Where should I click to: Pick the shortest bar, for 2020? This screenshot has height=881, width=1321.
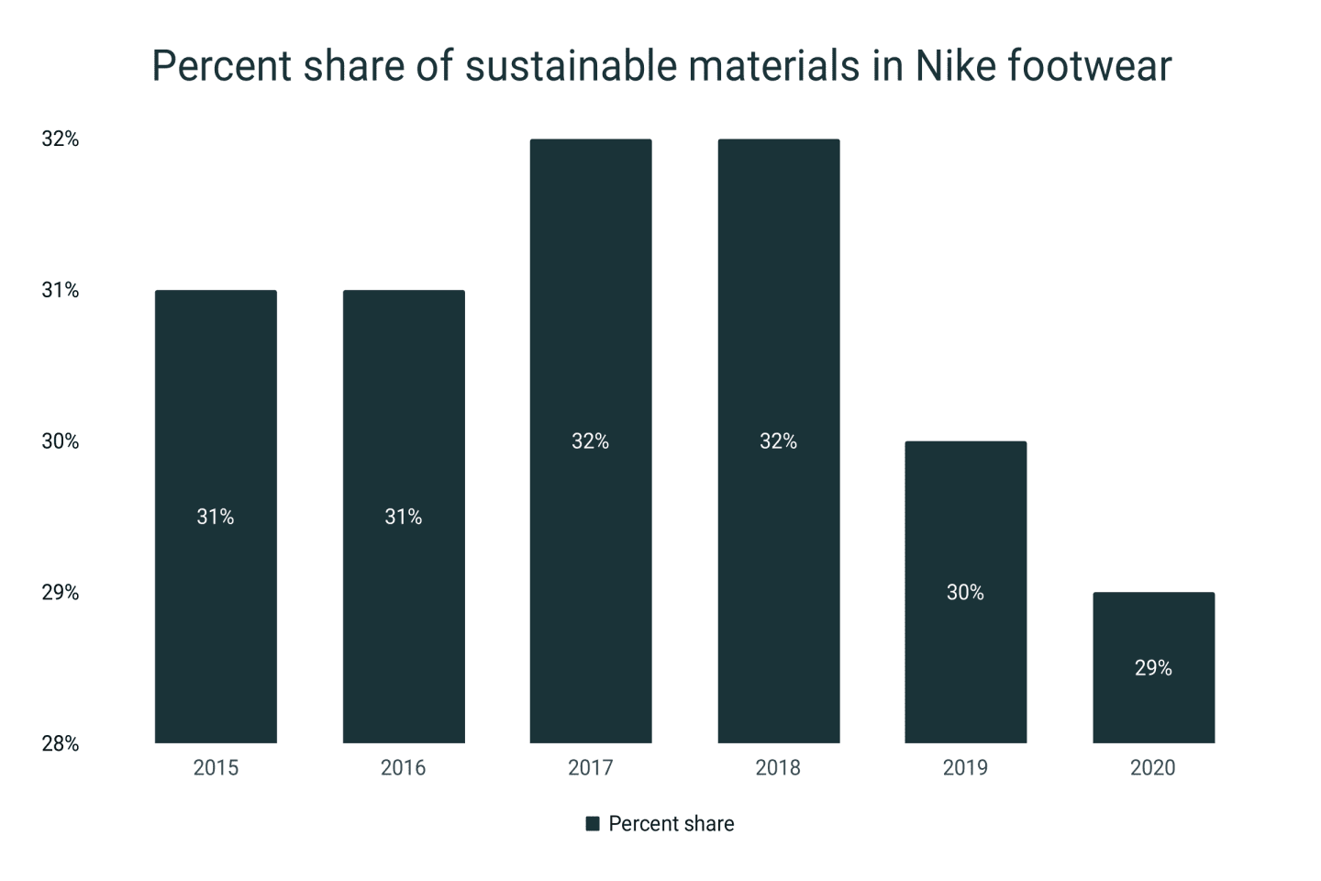(x=1153, y=707)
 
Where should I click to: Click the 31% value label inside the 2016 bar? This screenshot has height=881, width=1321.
(x=403, y=517)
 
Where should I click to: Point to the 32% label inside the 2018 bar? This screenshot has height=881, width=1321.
(x=778, y=441)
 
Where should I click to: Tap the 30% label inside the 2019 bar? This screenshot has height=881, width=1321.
(x=965, y=593)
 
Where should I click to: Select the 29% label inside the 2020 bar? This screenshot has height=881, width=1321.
(x=1153, y=668)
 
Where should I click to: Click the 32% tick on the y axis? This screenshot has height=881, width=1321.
(x=61, y=139)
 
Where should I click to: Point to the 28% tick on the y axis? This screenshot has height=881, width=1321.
(x=61, y=744)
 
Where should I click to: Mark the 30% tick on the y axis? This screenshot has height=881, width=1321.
(x=61, y=441)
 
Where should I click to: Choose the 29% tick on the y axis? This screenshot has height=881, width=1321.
(x=61, y=593)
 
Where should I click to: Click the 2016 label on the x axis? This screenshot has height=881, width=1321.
(x=403, y=768)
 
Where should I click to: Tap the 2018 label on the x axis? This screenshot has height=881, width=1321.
(x=778, y=768)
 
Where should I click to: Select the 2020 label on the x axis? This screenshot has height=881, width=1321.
(x=1152, y=768)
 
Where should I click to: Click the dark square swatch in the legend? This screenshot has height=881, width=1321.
(x=593, y=824)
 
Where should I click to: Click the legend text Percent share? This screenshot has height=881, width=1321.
(x=671, y=824)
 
